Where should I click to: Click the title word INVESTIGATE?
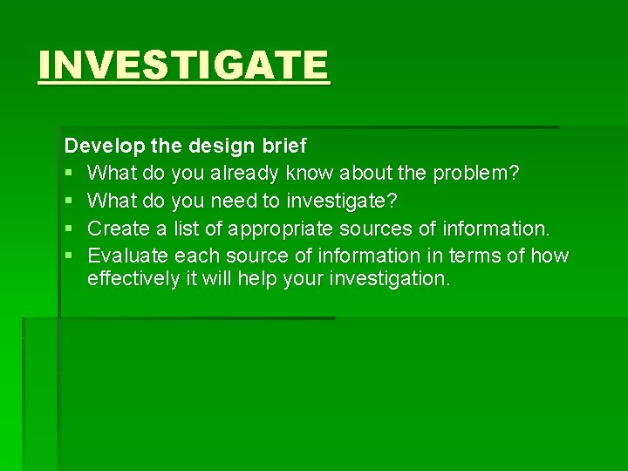click(184, 65)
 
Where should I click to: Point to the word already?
click(245, 174)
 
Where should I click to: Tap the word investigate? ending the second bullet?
click(341, 201)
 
